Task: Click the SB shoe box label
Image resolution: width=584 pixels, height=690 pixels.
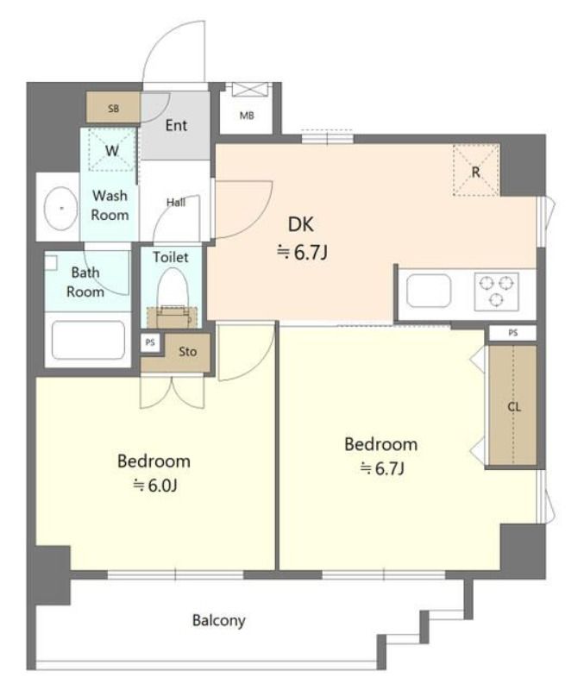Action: pos(114,109)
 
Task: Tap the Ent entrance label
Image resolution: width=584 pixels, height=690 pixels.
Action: pos(176,125)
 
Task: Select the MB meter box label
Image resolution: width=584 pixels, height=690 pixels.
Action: pos(247,116)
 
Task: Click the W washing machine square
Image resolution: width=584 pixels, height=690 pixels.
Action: pos(112,149)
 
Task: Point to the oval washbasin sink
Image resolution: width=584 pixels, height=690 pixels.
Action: pos(60,208)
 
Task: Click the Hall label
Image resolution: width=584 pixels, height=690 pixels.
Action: pos(176,203)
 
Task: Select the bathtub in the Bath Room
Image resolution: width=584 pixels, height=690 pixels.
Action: pos(89,340)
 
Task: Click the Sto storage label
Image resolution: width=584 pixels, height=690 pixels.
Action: pos(187,352)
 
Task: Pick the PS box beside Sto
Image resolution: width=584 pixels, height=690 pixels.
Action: pos(150,342)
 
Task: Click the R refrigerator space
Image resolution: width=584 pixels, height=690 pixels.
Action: pos(476,170)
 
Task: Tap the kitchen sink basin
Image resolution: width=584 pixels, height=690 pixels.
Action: pos(429,291)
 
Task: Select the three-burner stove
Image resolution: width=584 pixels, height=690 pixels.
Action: pos(496,292)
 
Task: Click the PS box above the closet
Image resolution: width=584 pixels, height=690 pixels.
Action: pos(512,333)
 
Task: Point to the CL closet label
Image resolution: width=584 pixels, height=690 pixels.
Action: pos(514,407)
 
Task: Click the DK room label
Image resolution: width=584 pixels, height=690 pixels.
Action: pos(301,224)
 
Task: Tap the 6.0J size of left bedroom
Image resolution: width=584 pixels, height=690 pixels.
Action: pos(155,486)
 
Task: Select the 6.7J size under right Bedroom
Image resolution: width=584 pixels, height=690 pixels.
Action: pos(382,468)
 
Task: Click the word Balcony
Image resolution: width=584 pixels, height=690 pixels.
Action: pos(219,621)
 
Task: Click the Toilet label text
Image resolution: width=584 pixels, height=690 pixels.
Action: pos(171,257)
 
